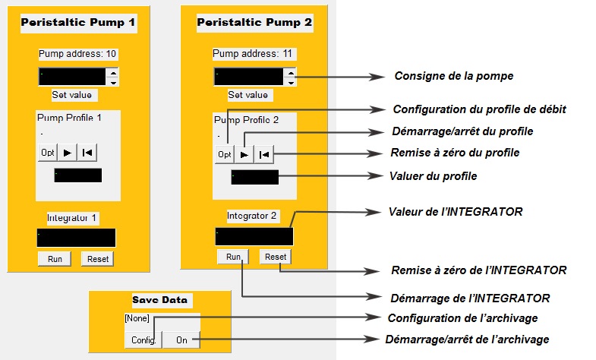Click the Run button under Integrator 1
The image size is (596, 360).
[55, 259]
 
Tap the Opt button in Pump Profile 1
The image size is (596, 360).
[48, 153]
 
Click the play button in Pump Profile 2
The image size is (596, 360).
[244, 154]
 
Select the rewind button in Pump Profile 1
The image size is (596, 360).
[87, 153]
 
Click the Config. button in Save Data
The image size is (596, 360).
[143, 339]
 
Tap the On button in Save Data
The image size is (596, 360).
[181, 339]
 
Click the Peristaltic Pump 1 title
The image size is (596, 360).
[78, 23]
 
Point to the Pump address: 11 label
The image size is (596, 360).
[252, 54]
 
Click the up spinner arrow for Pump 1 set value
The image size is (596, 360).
[113, 73]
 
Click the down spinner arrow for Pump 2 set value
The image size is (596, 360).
[291, 82]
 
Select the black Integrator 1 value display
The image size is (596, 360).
[77, 238]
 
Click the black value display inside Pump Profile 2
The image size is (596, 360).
[254, 177]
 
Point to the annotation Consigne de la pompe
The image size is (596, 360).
[454, 76]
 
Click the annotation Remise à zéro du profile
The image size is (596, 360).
[455, 153]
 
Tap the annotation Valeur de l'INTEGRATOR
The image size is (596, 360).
[456, 212]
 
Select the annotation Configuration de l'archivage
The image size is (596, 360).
[462, 318]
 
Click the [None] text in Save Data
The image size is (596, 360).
[137, 318]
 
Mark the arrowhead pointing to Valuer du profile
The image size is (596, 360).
[375, 176]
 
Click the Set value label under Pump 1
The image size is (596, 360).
[72, 95]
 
